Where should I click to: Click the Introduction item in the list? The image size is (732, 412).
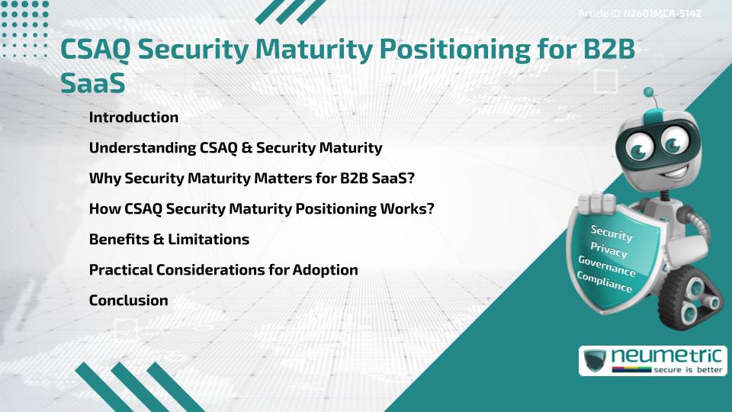(133, 117)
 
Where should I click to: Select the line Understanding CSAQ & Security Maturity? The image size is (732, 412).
(235, 148)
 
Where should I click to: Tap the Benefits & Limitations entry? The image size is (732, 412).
(169, 240)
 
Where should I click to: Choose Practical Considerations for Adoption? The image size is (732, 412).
(223, 270)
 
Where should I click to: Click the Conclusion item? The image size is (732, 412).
(128, 301)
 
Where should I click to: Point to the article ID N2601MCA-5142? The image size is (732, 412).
(662, 14)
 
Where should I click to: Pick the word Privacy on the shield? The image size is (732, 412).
(608, 250)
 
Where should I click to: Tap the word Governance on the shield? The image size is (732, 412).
(607, 266)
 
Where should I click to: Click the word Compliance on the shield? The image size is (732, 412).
(605, 282)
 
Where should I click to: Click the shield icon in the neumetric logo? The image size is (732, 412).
(595, 361)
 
